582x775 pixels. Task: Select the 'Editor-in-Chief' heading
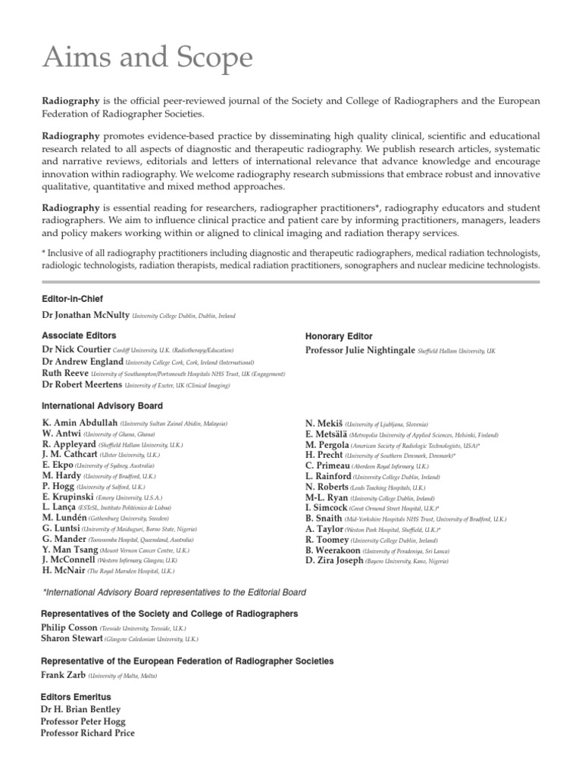click(72, 299)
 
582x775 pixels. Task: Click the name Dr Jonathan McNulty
click(86, 315)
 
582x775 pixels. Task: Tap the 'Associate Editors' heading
click(79, 335)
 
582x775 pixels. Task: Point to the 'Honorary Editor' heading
click(339, 336)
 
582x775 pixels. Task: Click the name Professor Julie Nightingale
click(360, 350)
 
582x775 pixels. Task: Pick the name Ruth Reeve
click(64, 373)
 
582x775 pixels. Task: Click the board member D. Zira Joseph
click(334, 561)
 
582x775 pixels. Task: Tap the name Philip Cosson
click(69, 627)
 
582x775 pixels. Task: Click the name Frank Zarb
click(63, 674)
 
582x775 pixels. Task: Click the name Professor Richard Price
click(88, 733)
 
